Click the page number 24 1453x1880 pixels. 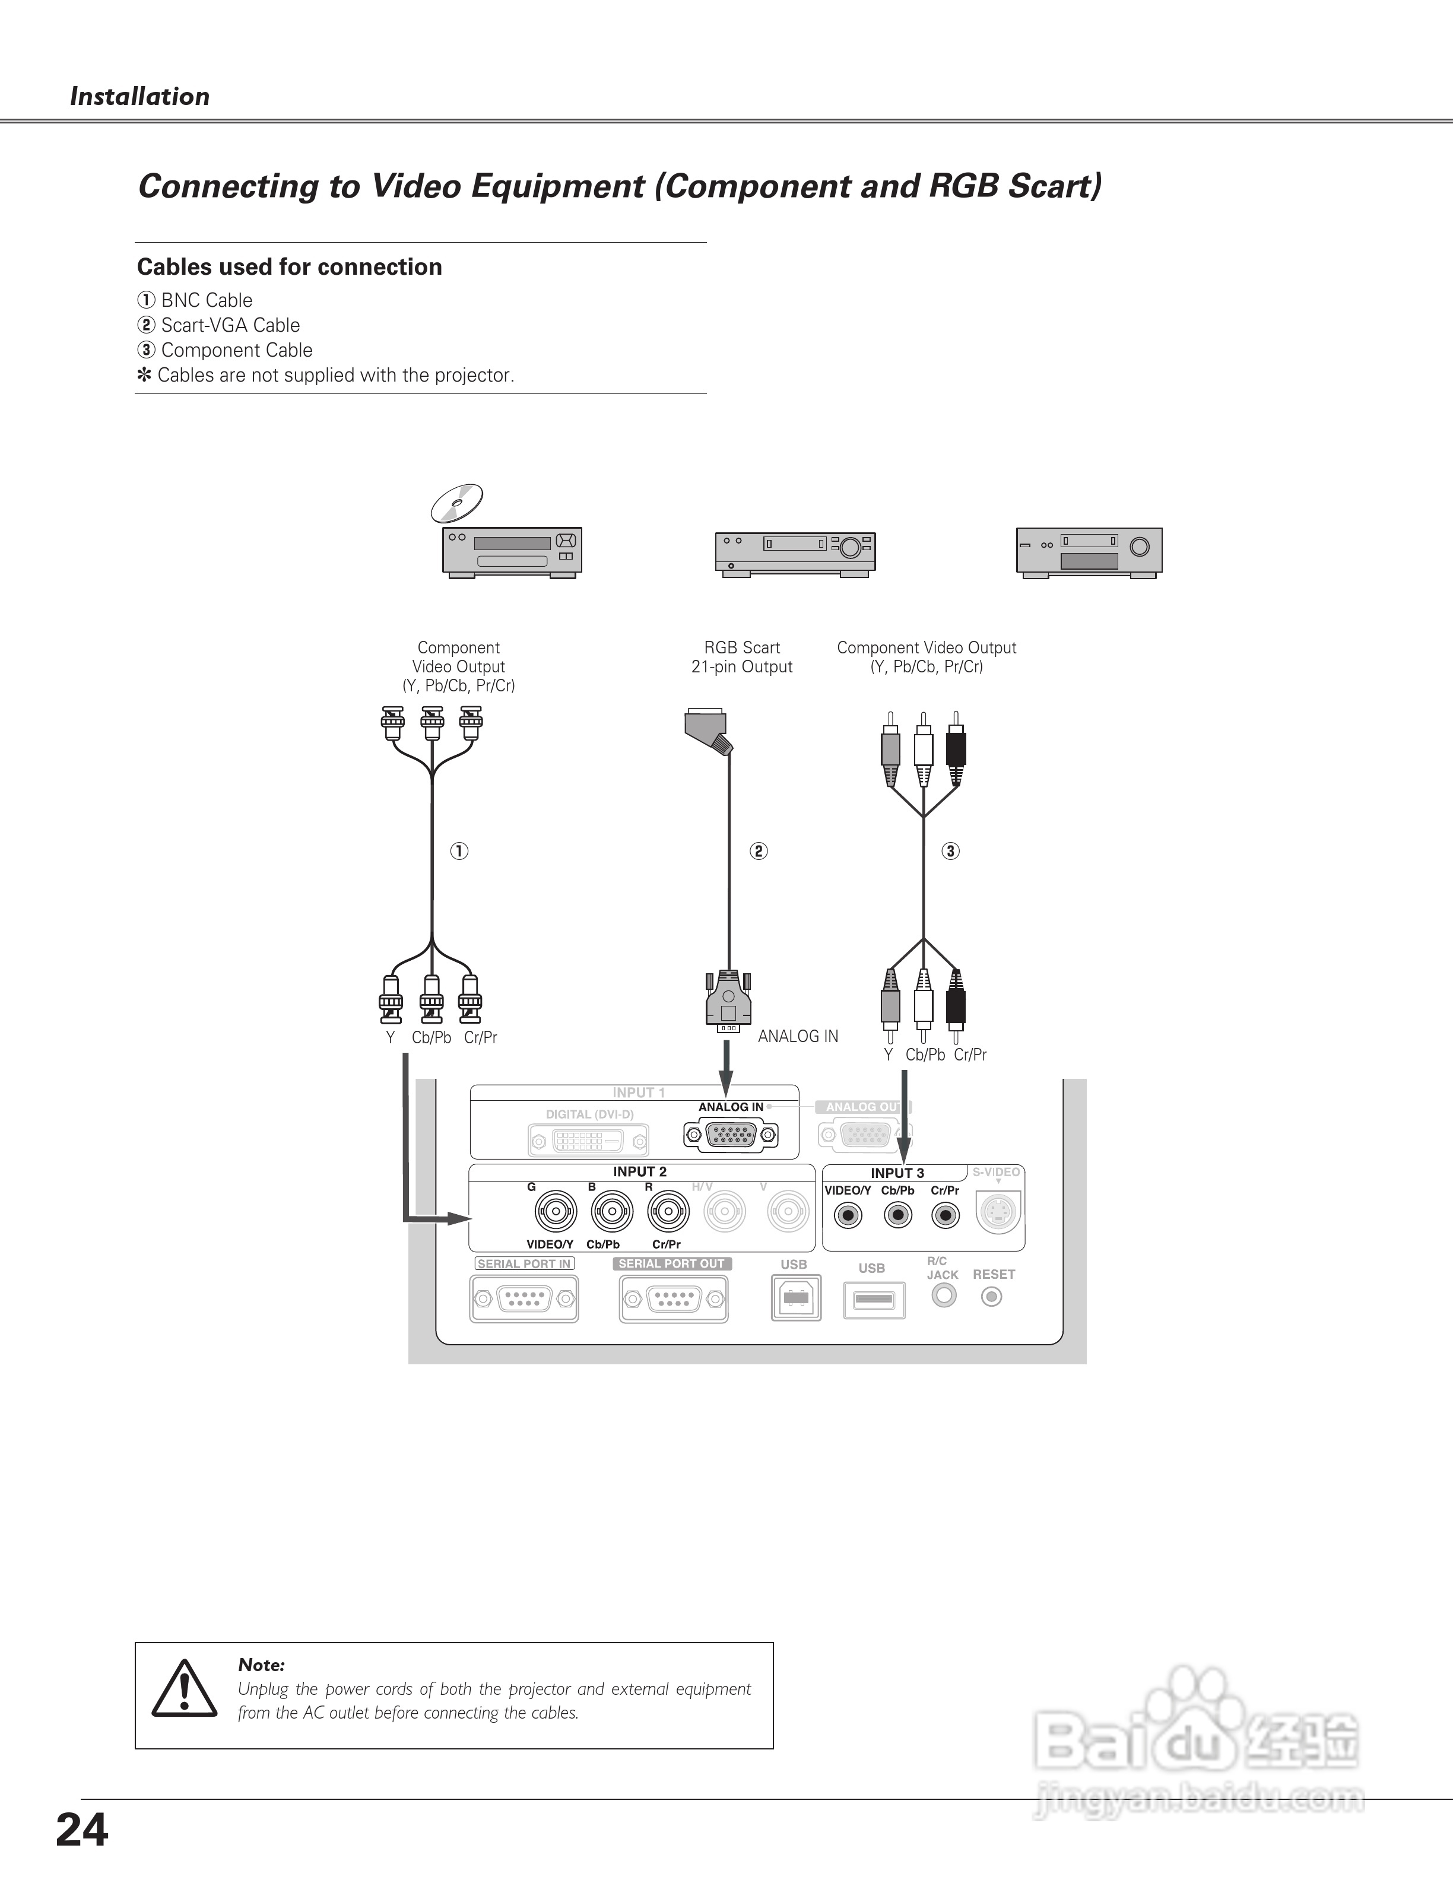[82, 1831]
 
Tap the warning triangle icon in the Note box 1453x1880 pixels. [184, 1689]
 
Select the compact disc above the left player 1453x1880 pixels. [456, 503]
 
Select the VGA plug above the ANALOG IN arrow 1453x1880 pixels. [728, 1002]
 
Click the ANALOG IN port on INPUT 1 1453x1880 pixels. [731, 1136]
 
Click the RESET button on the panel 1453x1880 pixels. [992, 1297]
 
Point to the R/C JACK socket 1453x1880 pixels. [944, 1295]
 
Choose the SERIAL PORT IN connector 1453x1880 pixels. [524, 1298]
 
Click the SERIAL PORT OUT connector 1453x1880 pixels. [673, 1298]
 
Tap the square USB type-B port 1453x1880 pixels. [796, 1298]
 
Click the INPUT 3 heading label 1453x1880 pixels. [897, 1173]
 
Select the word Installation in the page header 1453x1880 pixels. [139, 96]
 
